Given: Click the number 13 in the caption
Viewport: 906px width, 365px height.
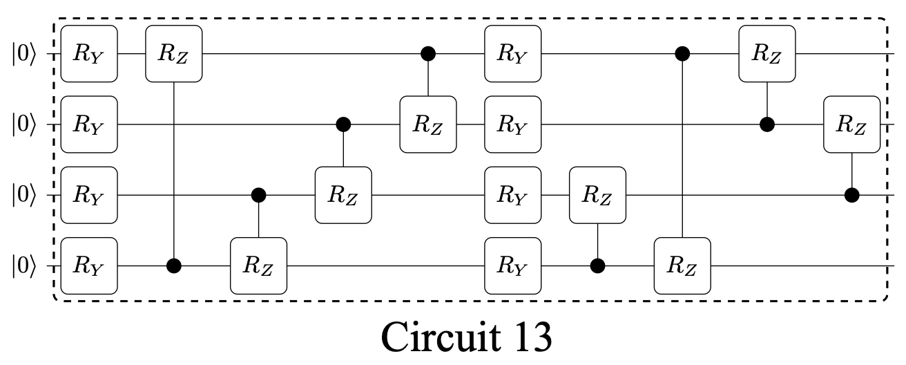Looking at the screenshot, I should [528, 337].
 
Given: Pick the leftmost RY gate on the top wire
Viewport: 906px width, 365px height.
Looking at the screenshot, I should [89, 53].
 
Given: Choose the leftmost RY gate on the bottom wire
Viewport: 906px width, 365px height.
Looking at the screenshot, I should [89, 265].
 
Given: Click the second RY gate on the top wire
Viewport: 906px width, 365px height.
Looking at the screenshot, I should [513, 53].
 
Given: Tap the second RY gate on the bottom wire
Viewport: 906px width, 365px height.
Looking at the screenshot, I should [513, 265].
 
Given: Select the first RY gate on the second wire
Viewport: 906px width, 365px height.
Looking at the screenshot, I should [89, 124].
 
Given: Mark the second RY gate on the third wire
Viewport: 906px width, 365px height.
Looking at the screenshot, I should [513, 195].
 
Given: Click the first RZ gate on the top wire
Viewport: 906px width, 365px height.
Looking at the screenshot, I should [174, 53].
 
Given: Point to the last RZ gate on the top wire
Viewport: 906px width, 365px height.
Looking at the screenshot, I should [767, 53].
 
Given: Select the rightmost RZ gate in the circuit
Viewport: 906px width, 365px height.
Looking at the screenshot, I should [852, 124].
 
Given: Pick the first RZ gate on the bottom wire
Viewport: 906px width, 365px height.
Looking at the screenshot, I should [258, 265].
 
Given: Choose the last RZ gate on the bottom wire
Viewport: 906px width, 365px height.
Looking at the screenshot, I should [683, 265].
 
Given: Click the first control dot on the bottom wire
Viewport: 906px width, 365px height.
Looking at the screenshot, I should [174, 265].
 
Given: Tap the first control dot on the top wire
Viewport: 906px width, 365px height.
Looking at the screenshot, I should [428, 53].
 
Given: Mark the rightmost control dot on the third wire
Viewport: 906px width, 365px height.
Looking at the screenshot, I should [852, 195].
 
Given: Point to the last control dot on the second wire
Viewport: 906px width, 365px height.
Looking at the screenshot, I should [767, 124].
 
